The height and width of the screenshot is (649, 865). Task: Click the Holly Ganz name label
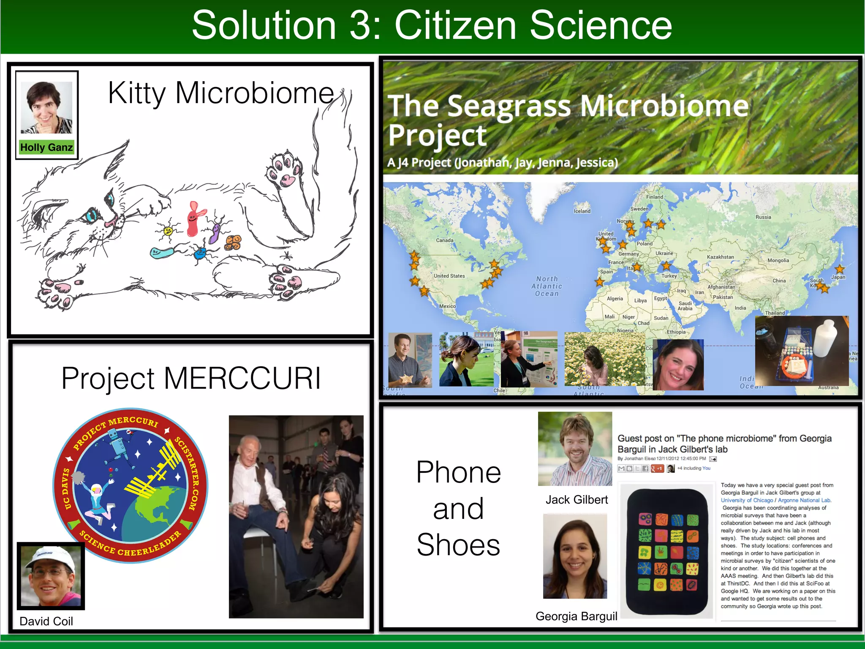[x=46, y=147]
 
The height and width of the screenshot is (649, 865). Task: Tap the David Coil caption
[x=46, y=621]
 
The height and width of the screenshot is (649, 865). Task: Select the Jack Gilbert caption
[x=577, y=500]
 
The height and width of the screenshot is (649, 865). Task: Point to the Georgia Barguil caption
[x=576, y=616]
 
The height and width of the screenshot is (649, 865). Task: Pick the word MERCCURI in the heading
[x=242, y=378]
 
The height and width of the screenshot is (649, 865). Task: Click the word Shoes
[x=458, y=545]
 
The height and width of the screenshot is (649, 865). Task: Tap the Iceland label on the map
[x=582, y=211]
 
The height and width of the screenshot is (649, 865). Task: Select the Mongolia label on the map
[x=778, y=261]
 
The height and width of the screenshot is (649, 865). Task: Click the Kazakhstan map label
[x=720, y=257]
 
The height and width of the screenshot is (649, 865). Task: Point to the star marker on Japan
[x=840, y=269]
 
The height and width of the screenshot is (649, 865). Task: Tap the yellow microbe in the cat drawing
[x=168, y=231]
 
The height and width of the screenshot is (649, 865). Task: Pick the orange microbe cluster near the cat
[x=233, y=242]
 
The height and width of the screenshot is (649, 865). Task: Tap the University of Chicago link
[x=747, y=500]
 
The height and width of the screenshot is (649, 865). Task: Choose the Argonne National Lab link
[x=804, y=500]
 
